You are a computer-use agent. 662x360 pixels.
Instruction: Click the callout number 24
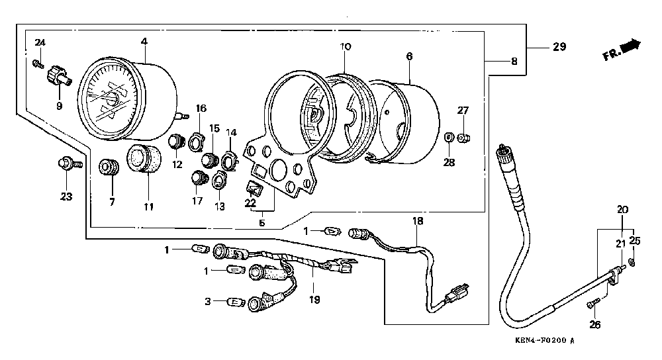coord(40,43)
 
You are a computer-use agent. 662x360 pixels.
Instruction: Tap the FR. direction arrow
coord(633,46)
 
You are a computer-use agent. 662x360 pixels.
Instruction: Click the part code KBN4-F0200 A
coord(543,341)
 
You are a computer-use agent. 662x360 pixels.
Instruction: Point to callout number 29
coord(559,46)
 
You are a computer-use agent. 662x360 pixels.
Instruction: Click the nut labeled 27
coord(465,137)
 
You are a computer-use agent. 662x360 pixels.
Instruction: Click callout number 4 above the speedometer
coord(144,42)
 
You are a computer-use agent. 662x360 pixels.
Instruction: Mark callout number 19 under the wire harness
coord(314,299)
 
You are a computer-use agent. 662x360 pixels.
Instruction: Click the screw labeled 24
coord(37,64)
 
